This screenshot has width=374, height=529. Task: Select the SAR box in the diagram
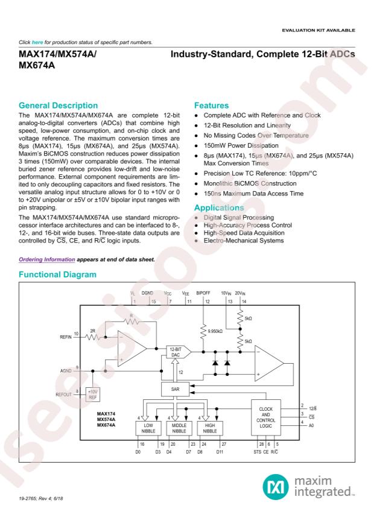tap(174, 390)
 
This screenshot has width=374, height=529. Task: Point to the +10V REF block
tap(93, 393)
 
